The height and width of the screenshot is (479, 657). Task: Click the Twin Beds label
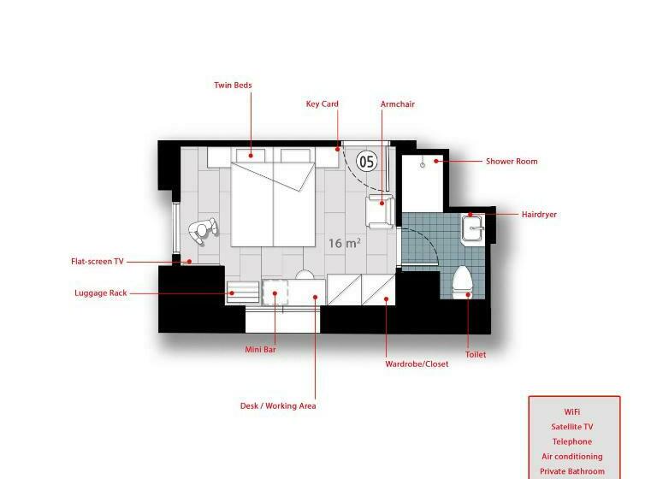(x=232, y=86)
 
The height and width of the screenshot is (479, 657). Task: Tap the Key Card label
(x=323, y=104)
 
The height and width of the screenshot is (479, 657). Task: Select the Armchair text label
(x=397, y=104)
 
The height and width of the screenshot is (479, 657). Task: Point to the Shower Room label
(x=512, y=161)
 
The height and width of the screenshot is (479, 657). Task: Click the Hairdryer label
(x=539, y=215)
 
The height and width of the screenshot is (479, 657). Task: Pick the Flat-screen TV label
(x=97, y=262)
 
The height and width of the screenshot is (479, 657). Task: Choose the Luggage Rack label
(x=100, y=293)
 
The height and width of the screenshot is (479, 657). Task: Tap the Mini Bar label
(x=261, y=349)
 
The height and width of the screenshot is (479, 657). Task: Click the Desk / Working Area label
(x=278, y=405)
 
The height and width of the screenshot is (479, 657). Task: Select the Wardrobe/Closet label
(x=417, y=364)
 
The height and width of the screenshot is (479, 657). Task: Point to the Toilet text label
(x=475, y=354)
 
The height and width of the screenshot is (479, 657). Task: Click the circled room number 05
(x=367, y=160)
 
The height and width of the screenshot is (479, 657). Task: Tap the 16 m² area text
(x=344, y=243)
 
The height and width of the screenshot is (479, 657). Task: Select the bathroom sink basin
(x=472, y=229)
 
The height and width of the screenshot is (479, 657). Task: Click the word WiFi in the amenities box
(x=572, y=411)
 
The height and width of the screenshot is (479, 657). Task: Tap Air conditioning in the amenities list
(x=571, y=457)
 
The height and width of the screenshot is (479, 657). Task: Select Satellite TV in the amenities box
(x=571, y=427)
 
